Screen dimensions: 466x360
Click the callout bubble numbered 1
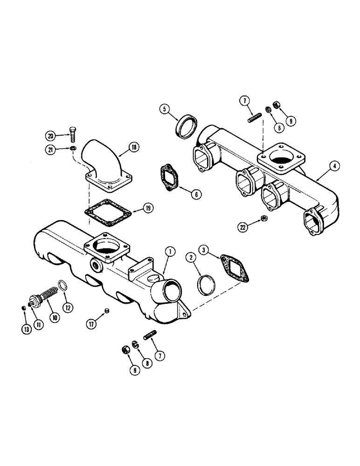[171, 252]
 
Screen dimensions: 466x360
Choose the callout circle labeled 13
[26, 329]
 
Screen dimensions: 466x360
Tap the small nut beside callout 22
[263, 218]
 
